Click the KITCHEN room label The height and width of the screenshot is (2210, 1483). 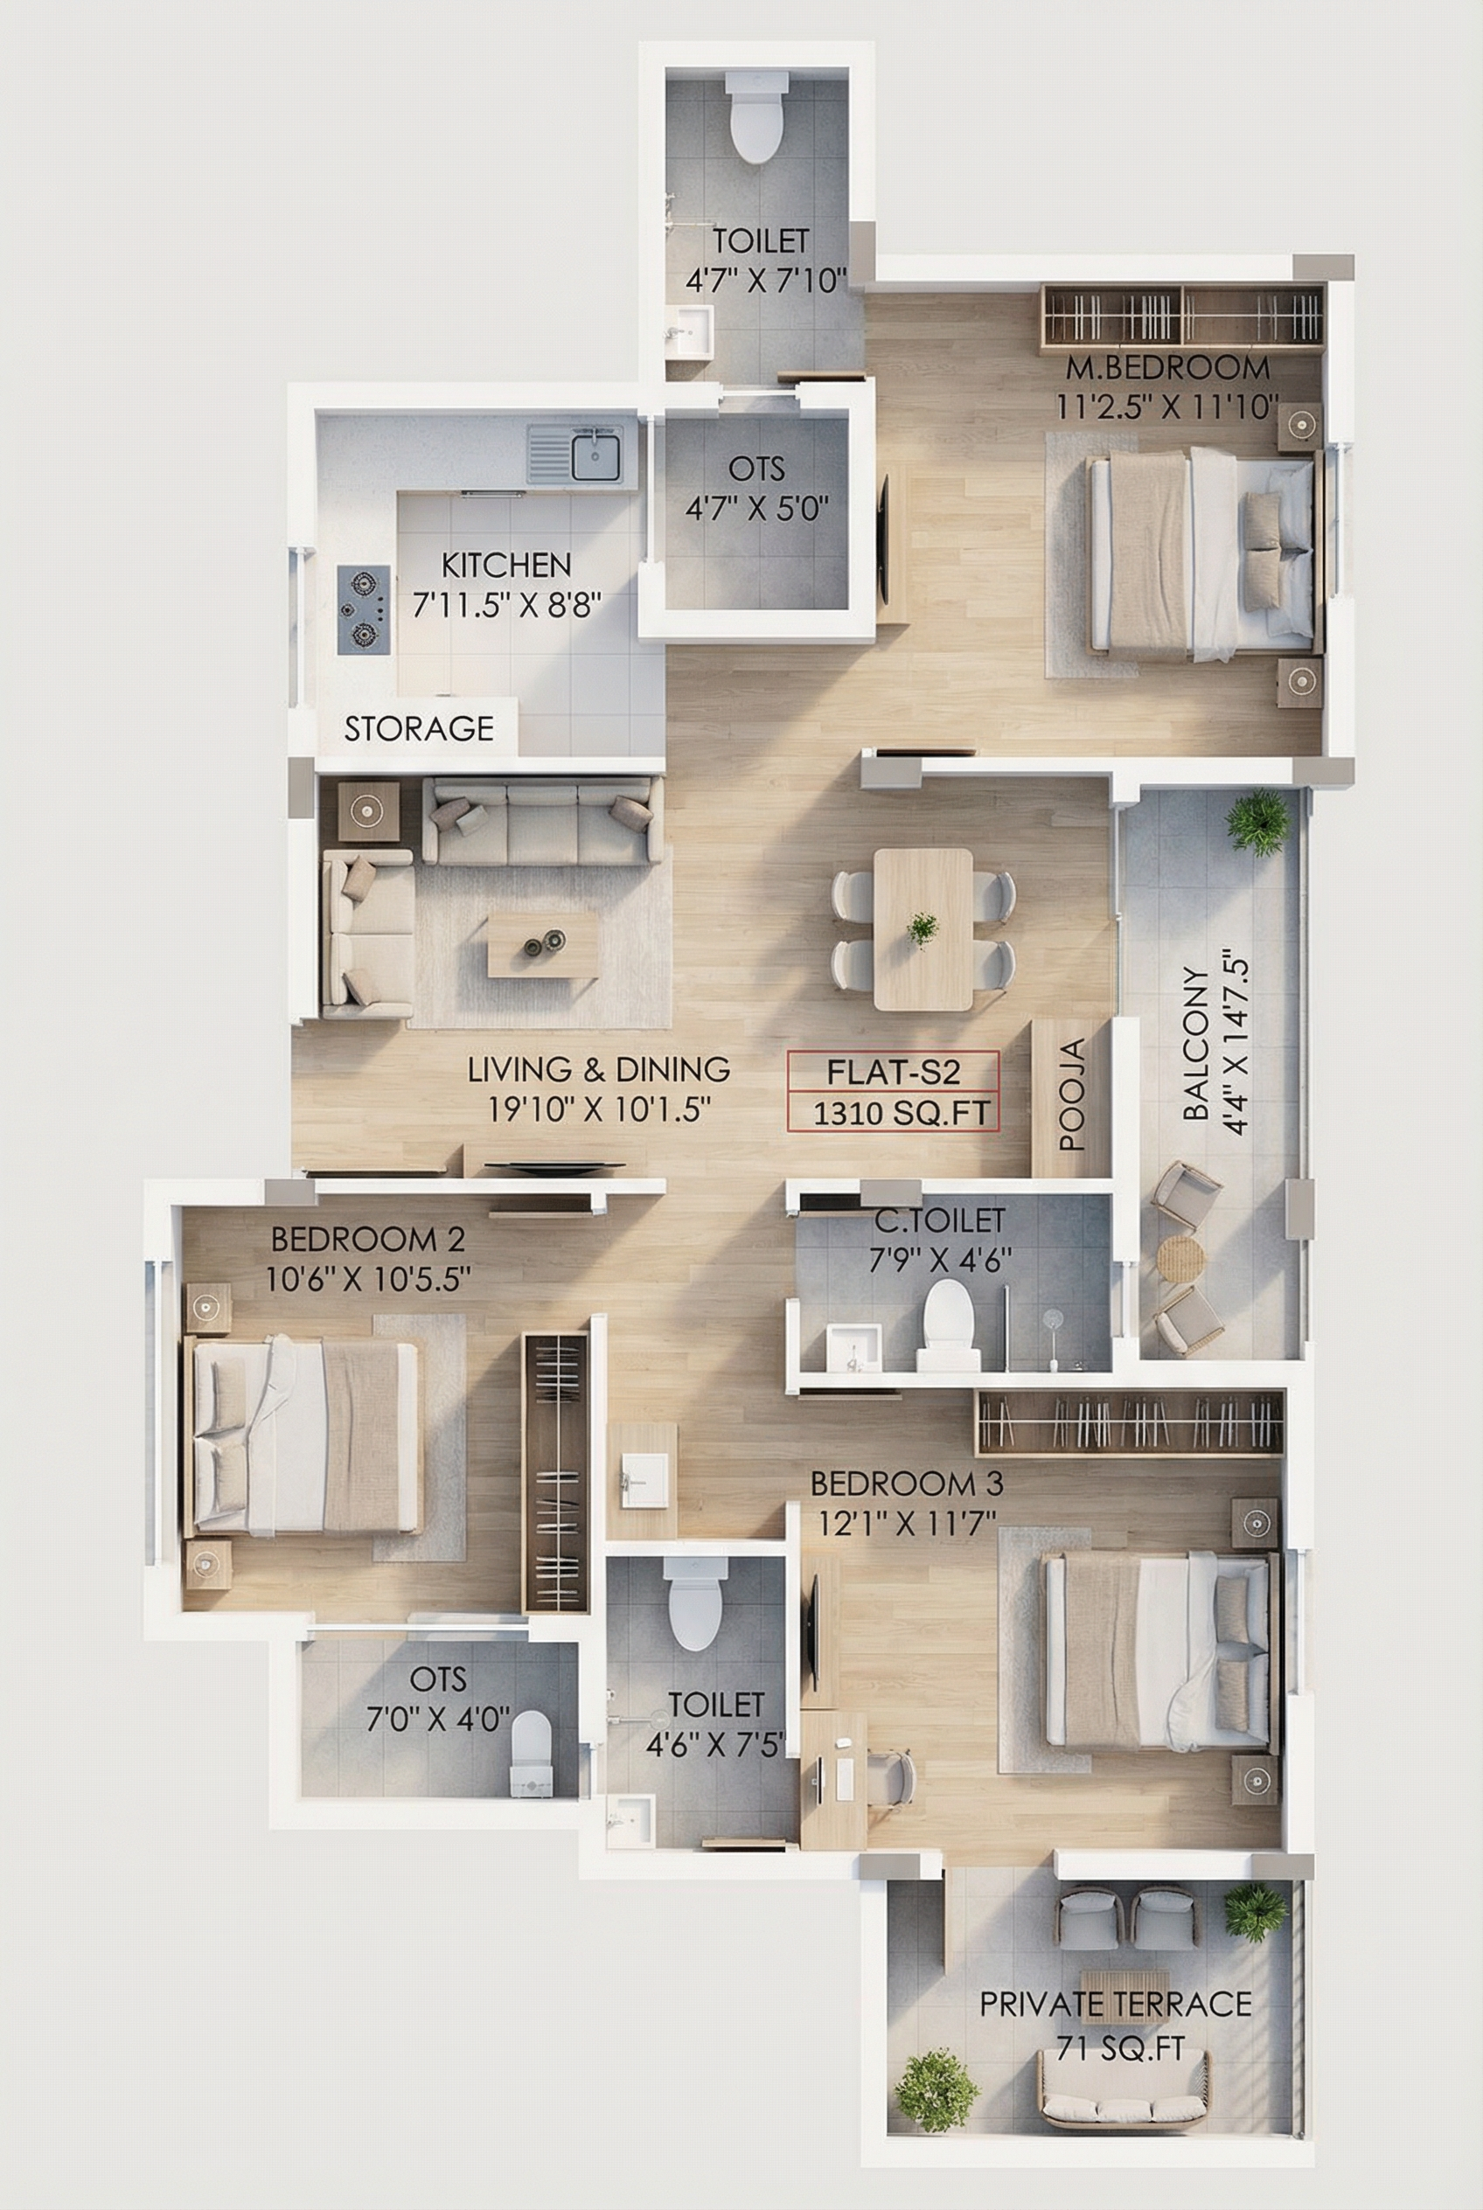click(x=506, y=565)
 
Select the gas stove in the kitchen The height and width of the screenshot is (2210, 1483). click(x=364, y=609)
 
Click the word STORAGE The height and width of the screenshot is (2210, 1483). click(x=419, y=728)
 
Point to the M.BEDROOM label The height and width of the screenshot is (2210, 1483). click(x=1168, y=367)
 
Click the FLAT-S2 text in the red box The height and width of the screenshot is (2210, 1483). click(x=894, y=1072)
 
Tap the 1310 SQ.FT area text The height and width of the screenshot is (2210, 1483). click(x=902, y=1113)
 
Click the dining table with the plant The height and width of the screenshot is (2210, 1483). click(x=923, y=928)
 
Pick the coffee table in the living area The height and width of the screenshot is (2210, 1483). click(x=542, y=944)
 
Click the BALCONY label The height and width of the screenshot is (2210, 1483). click(x=1196, y=1043)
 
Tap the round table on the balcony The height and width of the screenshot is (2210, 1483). click(x=1180, y=1259)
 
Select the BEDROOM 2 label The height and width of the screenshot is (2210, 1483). click(x=368, y=1238)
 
